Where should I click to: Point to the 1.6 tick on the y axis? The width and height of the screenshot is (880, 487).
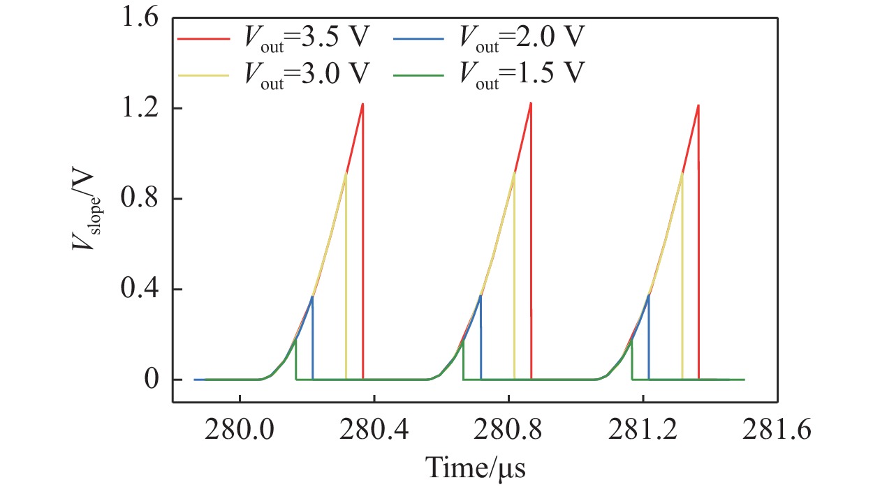[144, 19]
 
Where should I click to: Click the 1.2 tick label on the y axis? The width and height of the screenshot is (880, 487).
[144, 109]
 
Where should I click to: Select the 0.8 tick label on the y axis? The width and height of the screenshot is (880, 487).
[144, 199]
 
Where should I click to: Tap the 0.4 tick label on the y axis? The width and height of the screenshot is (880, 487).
[144, 289]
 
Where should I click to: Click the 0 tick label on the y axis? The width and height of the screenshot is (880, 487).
[154, 380]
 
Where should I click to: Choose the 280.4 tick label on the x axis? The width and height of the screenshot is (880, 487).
[374, 430]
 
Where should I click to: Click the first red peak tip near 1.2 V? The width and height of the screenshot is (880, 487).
[362, 104]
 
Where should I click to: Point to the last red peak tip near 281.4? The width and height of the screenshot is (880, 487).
[698, 105]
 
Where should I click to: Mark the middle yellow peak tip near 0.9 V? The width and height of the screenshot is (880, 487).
[514, 172]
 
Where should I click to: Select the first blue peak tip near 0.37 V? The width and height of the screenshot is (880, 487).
[312, 297]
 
